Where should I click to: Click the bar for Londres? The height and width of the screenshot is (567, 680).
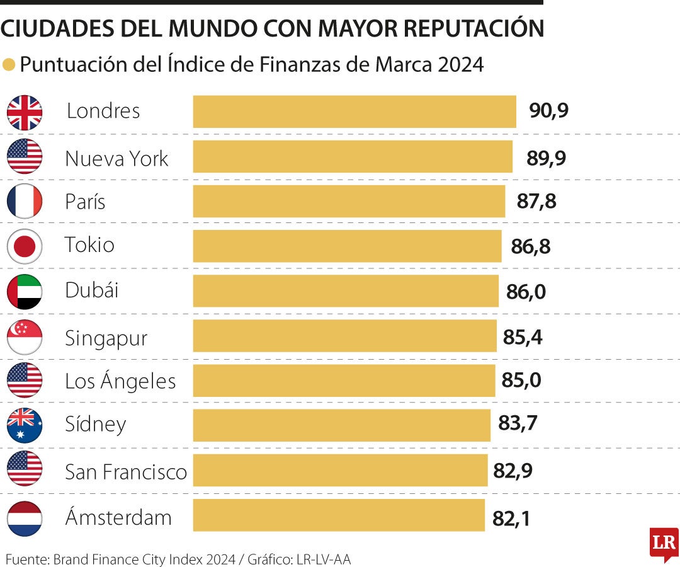(x=354, y=112)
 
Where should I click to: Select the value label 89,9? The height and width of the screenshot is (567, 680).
(x=547, y=157)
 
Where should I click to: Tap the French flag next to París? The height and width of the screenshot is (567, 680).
(x=25, y=202)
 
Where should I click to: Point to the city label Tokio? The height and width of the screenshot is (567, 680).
(x=90, y=244)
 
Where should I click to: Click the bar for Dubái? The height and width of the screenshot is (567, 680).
(x=346, y=291)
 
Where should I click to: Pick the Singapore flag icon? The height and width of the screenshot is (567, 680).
(x=25, y=337)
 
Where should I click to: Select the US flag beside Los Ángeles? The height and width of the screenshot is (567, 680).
(x=25, y=381)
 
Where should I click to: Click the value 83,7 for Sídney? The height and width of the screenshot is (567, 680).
(x=518, y=424)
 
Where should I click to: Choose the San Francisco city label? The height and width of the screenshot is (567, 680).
(x=126, y=471)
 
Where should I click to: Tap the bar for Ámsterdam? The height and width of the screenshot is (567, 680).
(x=339, y=515)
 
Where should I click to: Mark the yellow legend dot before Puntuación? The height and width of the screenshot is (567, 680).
(x=9, y=65)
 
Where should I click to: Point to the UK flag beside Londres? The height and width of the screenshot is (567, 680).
(x=25, y=112)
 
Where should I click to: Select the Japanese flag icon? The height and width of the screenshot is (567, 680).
(x=25, y=246)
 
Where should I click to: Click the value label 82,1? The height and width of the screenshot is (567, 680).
(x=511, y=519)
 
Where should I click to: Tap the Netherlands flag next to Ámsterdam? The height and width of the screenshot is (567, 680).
(x=25, y=518)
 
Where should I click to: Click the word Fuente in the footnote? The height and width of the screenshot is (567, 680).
(x=26, y=558)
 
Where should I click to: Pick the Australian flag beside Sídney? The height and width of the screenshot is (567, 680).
(x=25, y=425)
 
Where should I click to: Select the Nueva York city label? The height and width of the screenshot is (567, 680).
(x=116, y=158)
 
